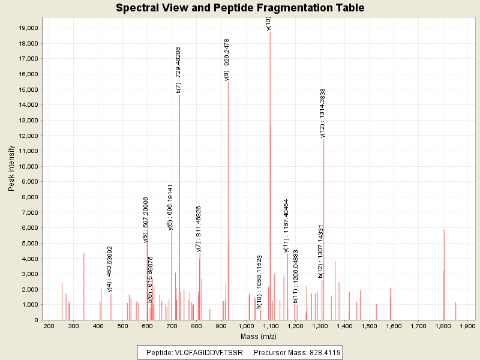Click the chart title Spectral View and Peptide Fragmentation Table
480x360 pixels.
click(240, 8)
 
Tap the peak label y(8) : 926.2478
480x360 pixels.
click(227, 59)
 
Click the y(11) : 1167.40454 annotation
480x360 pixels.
click(286, 226)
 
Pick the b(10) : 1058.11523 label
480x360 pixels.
click(259, 281)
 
